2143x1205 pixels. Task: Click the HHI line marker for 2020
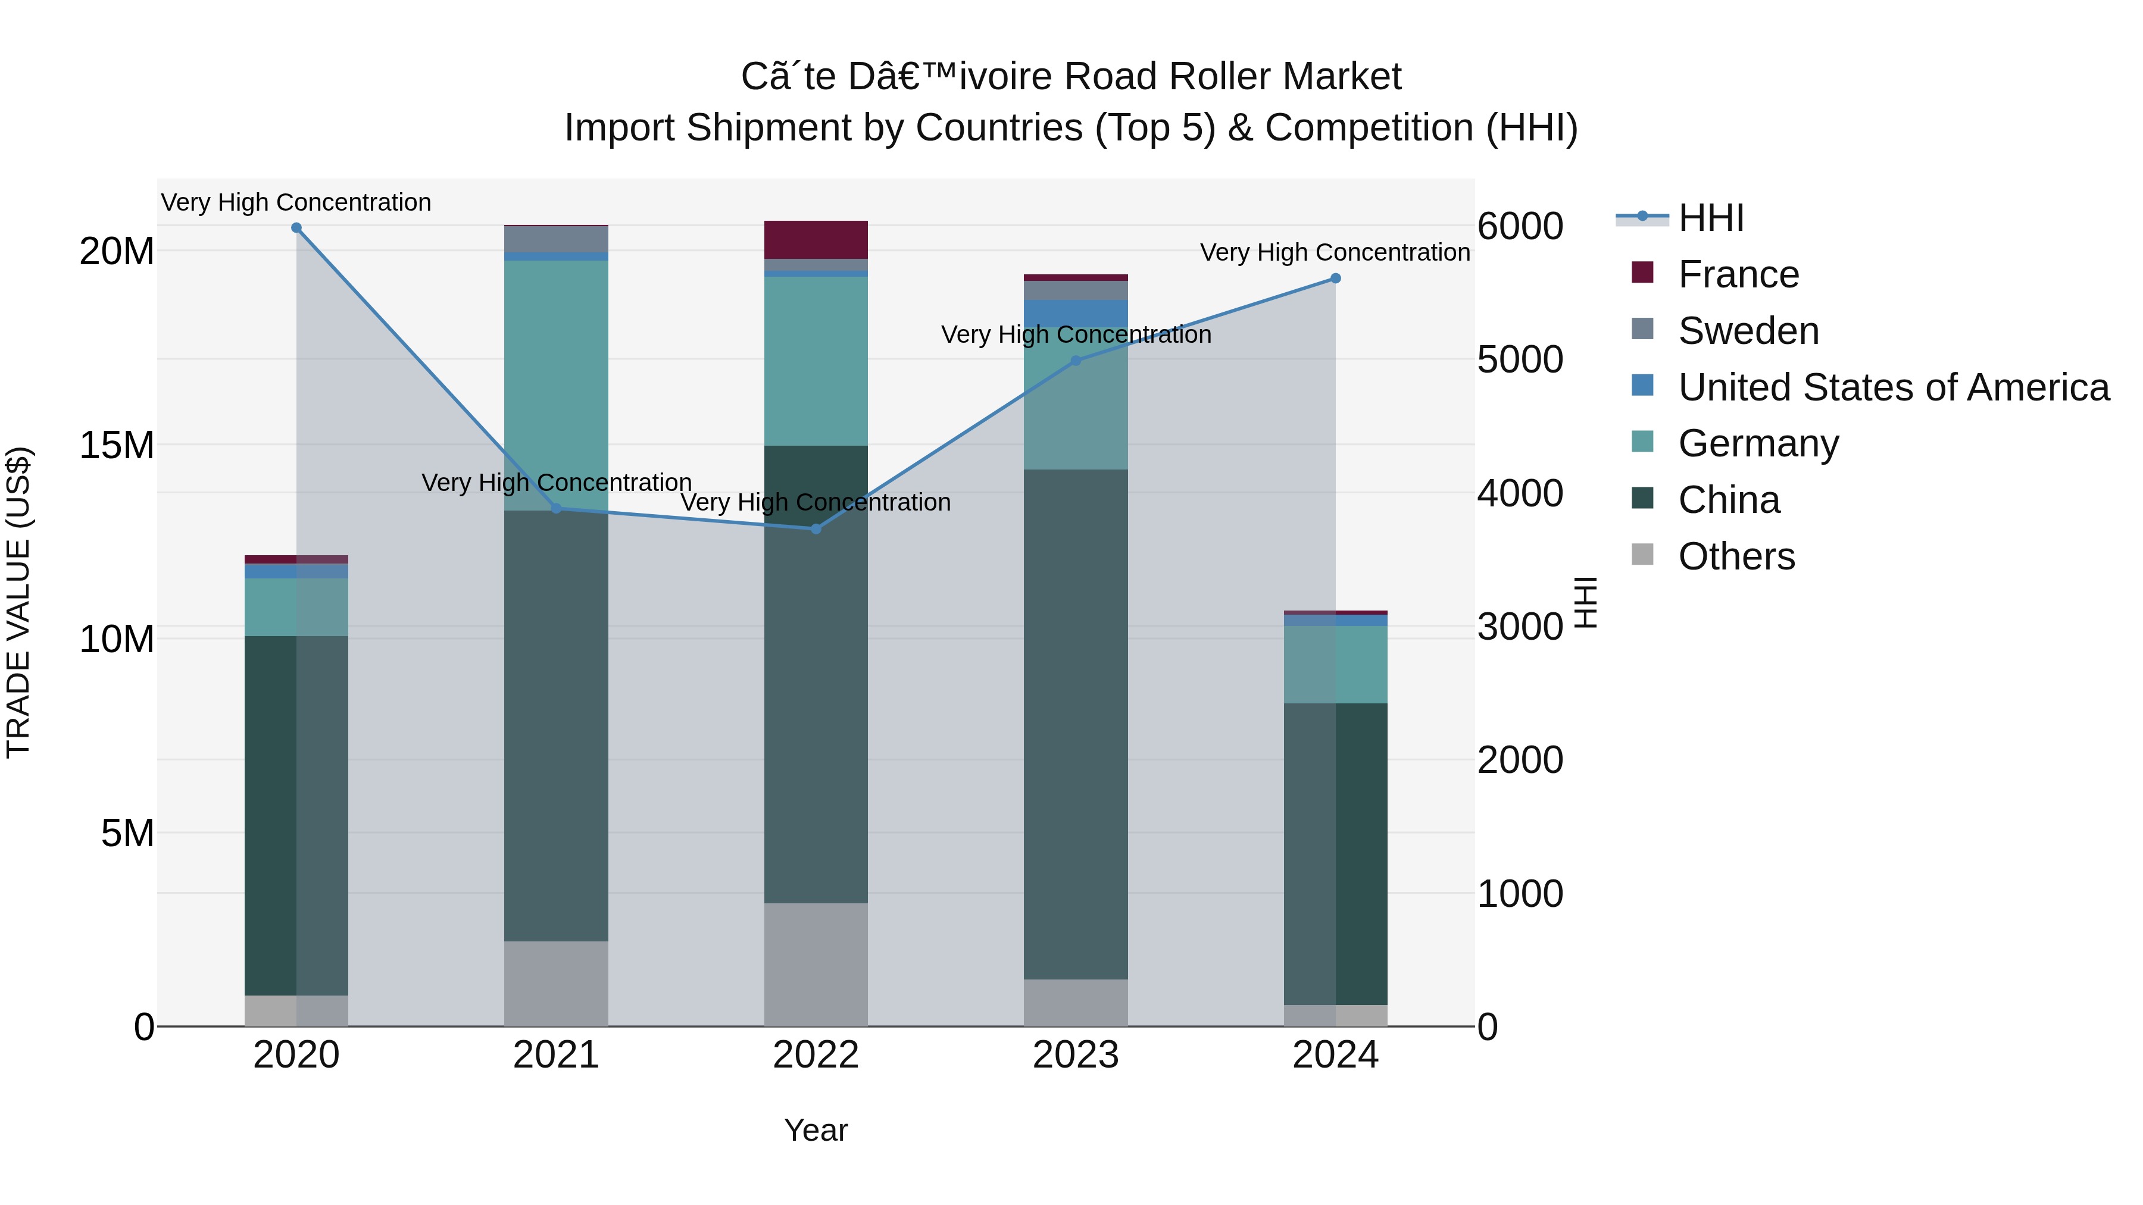click(296, 228)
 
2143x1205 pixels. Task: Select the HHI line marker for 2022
click(816, 529)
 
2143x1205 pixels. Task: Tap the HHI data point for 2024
click(1336, 278)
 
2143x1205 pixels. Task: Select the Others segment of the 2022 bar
click(816, 964)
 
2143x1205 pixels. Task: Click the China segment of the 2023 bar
click(1076, 724)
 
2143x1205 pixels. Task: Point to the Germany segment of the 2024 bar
click(1336, 665)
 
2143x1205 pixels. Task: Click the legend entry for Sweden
click(1748, 331)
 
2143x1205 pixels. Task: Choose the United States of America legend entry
click(1892, 387)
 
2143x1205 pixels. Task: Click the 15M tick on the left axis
click(117, 446)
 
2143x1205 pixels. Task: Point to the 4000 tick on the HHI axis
click(1520, 493)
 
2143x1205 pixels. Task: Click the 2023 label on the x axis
click(1076, 1055)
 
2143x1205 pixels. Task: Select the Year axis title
click(816, 1130)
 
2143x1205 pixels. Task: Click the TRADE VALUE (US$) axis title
click(18, 602)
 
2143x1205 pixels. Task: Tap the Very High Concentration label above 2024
click(1335, 252)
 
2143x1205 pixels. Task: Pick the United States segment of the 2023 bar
click(1076, 312)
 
